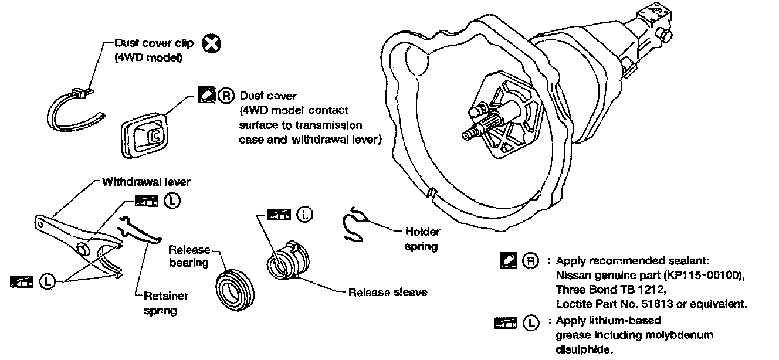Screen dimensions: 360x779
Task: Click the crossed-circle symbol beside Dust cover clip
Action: tap(209, 43)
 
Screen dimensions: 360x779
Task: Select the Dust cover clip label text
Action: tap(154, 43)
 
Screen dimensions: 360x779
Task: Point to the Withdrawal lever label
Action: tap(146, 182)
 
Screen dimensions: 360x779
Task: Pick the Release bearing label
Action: tap(189, 256)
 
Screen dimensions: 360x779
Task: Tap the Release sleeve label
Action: tap(388, 292)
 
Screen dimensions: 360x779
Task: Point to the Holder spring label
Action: tap(422, 239)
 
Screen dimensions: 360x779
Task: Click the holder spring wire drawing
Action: tap(354, 226)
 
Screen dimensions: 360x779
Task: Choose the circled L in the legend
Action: tap(530, 322)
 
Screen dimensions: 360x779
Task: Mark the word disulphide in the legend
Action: tap(584, 349)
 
